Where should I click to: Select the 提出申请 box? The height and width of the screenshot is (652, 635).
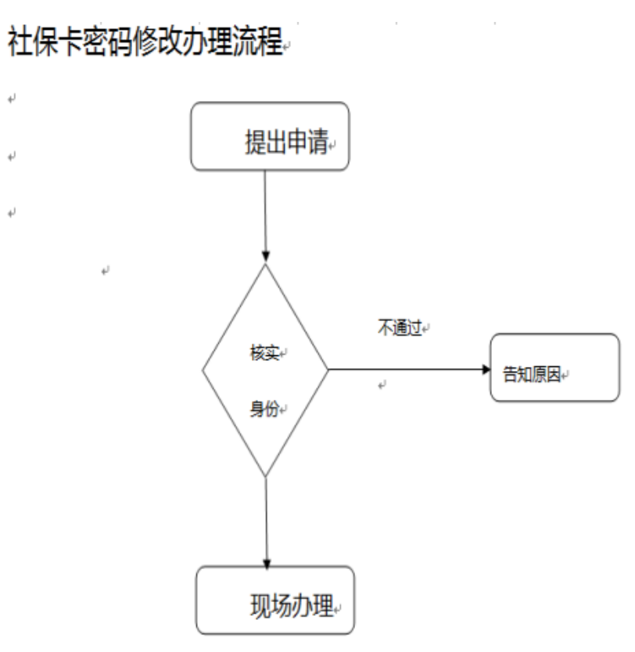coord(270,136)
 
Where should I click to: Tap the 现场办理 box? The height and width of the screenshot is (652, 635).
coord(274,600)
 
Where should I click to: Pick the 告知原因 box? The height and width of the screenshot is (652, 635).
coord(554,368)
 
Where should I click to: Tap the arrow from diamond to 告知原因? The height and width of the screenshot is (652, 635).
coord(407,369)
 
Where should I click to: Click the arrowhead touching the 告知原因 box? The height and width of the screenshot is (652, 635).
coord(484,369)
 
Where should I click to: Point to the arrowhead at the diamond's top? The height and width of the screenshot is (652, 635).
coord(265,257)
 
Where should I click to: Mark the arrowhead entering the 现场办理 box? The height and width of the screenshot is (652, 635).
coord(267,562)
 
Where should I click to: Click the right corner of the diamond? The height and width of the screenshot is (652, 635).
coord(328,369)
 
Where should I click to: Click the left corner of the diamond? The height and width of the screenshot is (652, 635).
coord(203,369)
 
